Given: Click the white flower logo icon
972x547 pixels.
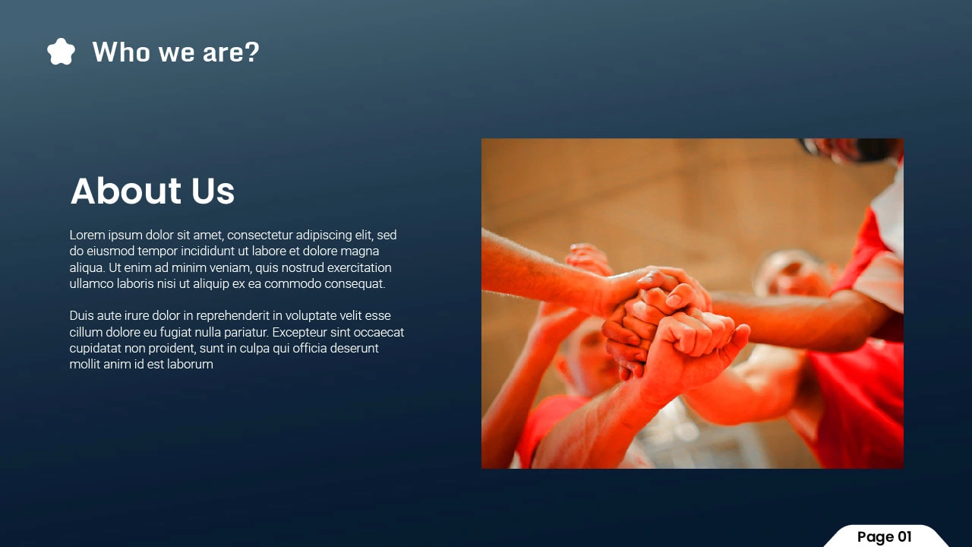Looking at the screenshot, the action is pos(61,52).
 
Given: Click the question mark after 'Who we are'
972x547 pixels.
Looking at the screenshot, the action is pos(251,52).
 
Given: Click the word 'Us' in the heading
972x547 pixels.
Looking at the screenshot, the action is pos(213,191).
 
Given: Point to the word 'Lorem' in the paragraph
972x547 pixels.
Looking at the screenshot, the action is pos(87,235).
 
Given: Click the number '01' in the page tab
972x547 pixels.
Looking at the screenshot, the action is pos(904,536).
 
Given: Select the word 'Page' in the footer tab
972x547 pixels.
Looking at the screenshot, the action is pos(876,537).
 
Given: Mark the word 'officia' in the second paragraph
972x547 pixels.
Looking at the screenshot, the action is pos(309,348).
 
